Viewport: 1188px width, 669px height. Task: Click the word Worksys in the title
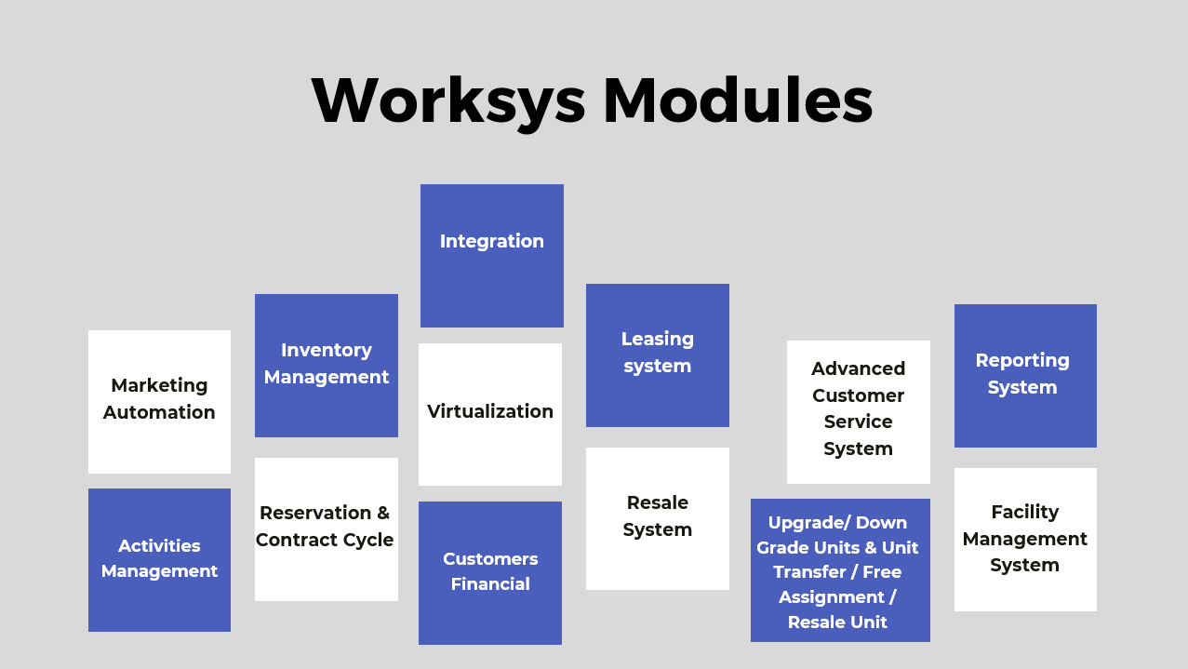click(448, 100)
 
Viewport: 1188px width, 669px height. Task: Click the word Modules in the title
click(737, 100)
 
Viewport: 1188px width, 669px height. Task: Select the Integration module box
click(492, 256)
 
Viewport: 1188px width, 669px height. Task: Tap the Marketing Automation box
click(159, 402)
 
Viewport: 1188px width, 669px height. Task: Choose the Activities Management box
click(159, 560)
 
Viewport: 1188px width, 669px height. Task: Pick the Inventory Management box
click(327, 366)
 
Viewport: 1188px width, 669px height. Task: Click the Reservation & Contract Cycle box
click(327, 529)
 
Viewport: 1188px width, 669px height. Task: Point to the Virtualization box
click(490, 414)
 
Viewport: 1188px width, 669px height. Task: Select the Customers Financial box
click(490, 573)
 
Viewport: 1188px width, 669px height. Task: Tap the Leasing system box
click(658, 355)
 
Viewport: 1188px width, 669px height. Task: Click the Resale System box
click(658, 518)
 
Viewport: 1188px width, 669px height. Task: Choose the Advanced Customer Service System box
click(859, 412)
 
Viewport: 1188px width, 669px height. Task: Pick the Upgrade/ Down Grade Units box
click(840, 570)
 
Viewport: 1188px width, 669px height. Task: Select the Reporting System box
click(1025, 376)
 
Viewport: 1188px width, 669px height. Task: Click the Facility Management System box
click(1025, 540)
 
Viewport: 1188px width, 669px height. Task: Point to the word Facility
click(1024, 512)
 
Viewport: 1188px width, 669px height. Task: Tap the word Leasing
click(658, 340)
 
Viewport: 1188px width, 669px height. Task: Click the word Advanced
click(858, 369)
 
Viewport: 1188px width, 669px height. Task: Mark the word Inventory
click(327, 351)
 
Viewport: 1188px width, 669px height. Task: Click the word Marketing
click(159, 385)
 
